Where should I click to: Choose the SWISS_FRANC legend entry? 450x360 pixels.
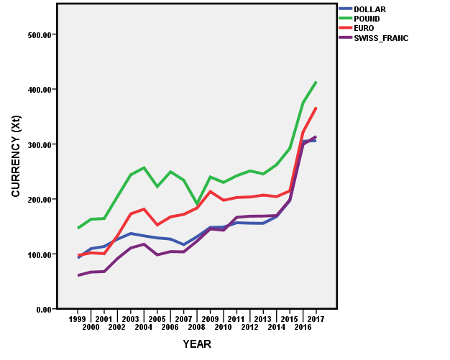pyautogui.click(x=380, y=38)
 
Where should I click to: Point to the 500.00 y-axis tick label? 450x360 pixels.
pyautogui.click(x=36, y=34)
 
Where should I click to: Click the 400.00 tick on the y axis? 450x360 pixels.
pyautogui.click(x=36, y=90)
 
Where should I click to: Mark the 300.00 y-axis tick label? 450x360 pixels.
pyautogui.click(x=36, y=144)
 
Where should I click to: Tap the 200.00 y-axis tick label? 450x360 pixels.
pyautogui.click(x=36, y=199)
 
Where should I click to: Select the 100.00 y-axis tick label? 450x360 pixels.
pyautogui.click(x=36, y=254)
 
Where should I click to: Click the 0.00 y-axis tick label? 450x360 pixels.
pyautogui.click(x=40, y=309)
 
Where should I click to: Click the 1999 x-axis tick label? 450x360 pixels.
pyautogui.click(x=78, y=318)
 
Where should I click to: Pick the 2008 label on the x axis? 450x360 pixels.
pyautogui.click(x=197, y=327)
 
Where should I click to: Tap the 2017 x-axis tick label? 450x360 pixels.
pyautogui.click(x=316, y=318)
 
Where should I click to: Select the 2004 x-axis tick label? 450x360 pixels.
pyautogui.click(x=144, y=327)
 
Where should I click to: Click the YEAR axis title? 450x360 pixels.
pyautogui.click(x=196, y=344)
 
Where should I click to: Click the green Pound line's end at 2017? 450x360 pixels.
pyautogui.click(x=316, y=82)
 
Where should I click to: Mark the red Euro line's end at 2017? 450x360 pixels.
pyautogui.click(x=316, y=109)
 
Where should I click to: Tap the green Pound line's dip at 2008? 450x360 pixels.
pyautogui.click(x=197, y=204)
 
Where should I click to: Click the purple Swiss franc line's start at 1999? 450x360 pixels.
pyautogui.click(x=78, y=275)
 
